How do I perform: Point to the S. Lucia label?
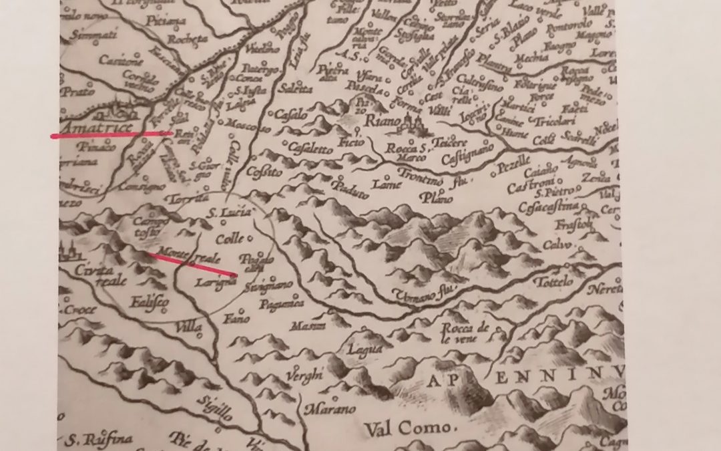tap(229, 213)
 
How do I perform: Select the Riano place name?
tap(383, 122)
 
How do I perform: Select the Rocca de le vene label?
tap(465, 331)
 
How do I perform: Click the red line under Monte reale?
tap(194, 264)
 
